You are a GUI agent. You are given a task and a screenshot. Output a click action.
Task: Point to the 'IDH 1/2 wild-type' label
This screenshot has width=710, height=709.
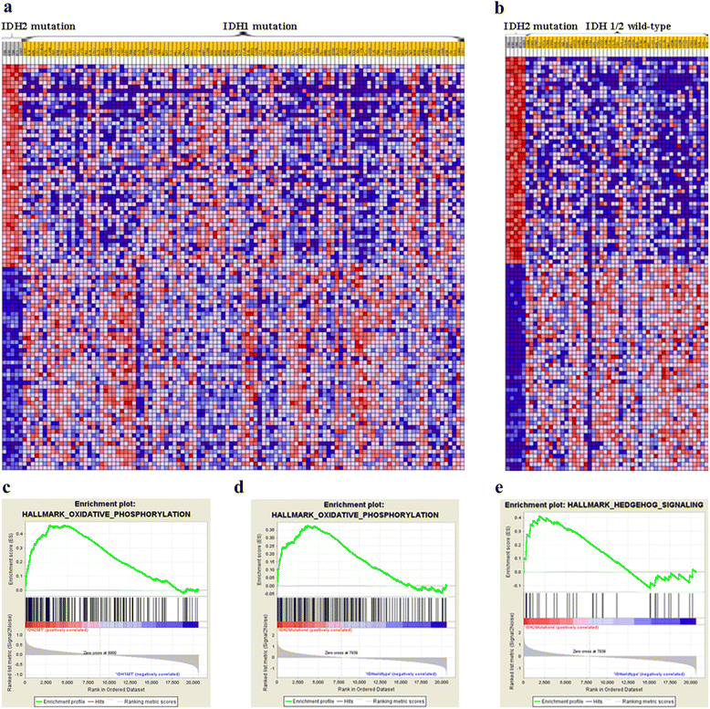(631, 27)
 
